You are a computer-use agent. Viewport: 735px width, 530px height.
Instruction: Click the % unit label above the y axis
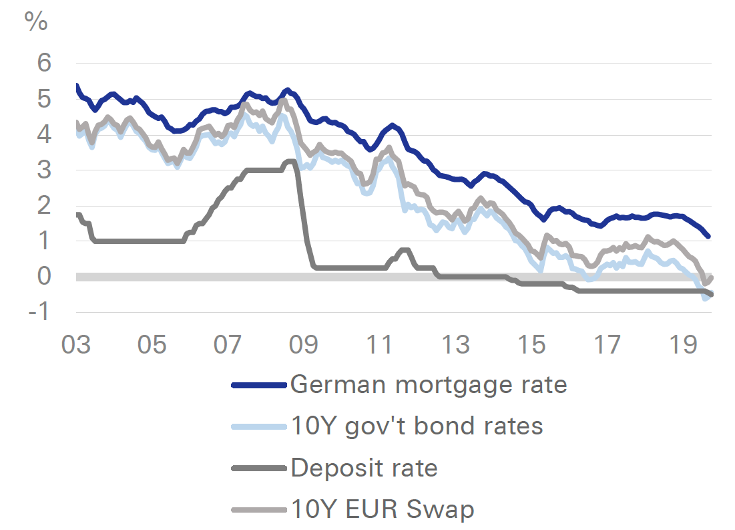[x=36, y=21]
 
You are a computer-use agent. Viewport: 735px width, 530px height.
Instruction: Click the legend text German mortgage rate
[x=428, y=385]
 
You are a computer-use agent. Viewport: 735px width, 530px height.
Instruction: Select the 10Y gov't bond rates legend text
[x=417, y=426]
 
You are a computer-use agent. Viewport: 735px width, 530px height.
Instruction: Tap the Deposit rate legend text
[x=364, y=468]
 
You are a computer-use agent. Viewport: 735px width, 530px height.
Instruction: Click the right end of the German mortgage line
[x=708, y=236]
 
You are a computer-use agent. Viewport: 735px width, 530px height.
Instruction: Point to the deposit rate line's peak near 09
[x=290, y=161]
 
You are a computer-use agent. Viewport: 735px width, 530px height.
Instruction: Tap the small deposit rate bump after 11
[x=404, y=250]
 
